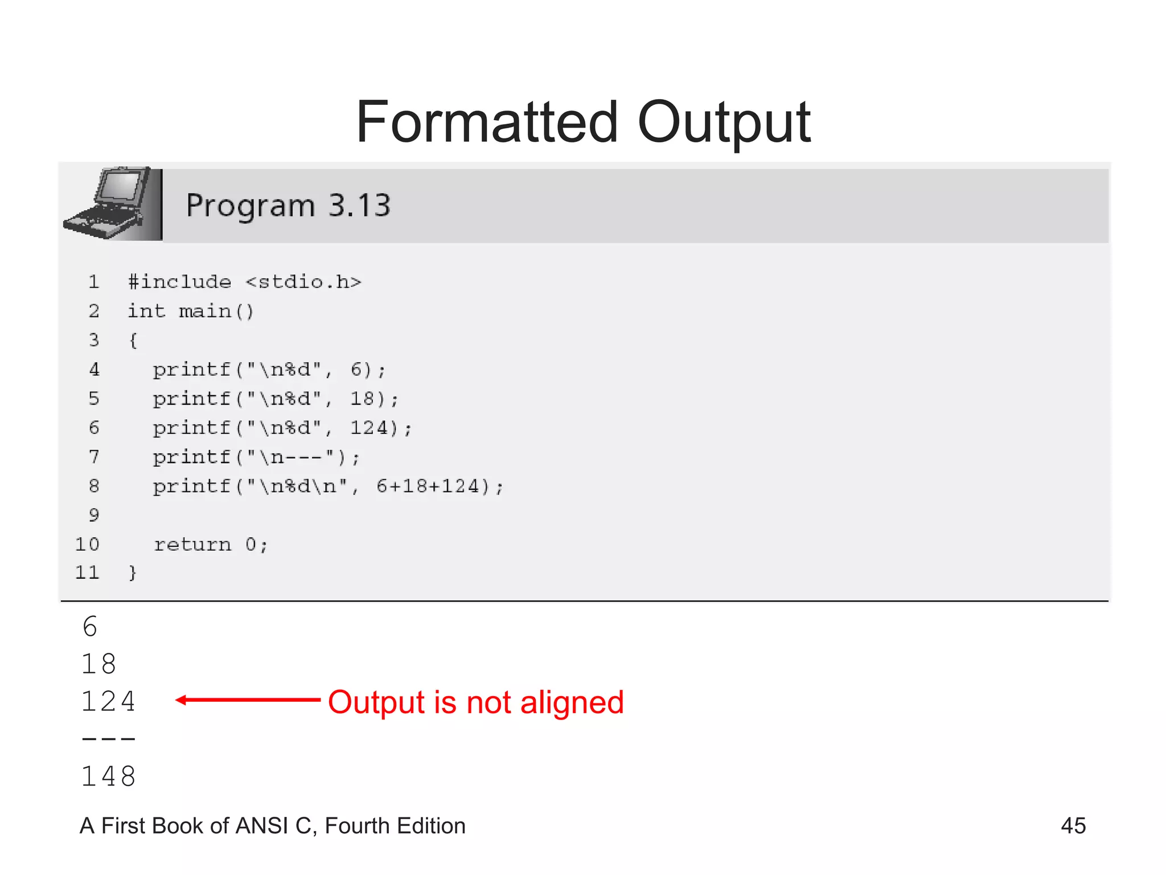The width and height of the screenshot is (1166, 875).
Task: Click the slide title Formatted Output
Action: pyautogui.click(x=583, y=122)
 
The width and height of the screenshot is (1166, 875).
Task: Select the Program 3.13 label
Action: pyautogui.click(x=288, y=205)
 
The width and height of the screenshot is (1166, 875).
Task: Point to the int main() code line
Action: pyautogui.click(x=191, y=311)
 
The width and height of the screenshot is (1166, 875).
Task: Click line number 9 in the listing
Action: pyautogui.click(x=94, y=515)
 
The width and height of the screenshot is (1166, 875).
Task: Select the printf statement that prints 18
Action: pyautogui.click(x=276, y=399)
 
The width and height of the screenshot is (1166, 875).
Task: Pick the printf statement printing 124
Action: pyautogui.click(x=282, y=428)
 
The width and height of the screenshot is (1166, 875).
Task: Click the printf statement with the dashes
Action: pyautogui.click(x=256, y=457)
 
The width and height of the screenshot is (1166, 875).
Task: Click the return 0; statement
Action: pyautogui.click(x=211, y=545)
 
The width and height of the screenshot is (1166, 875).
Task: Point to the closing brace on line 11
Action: pyautogui.click(x=133, y=573)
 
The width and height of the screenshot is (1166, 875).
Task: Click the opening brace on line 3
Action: pyautogui.click(x=133, y=341)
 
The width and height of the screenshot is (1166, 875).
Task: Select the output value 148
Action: pyautogui.click(x=108, y=776)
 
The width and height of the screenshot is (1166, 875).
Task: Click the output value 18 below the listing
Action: pyautogui.click(x=99, y=664)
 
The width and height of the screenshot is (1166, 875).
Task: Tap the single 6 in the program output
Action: pyautogui.click(x=90, y=627)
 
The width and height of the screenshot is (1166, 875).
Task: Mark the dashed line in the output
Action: pyautogui.click(x=108, y=739)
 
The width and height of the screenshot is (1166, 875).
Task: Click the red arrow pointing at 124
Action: pyautogui.click(x=248, y=700)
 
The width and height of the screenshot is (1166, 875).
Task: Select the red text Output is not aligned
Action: pyautogui.click(x=476, y=702)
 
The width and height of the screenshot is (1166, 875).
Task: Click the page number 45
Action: pyautogui.click(x=1073, y=825)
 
